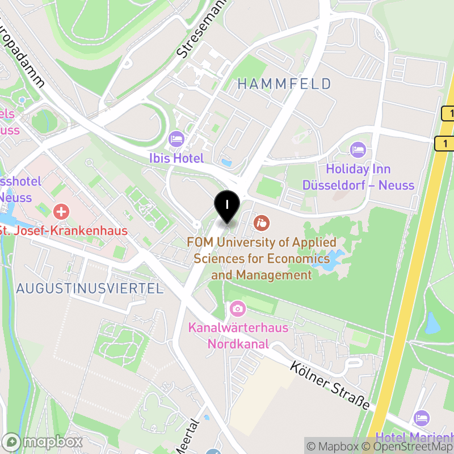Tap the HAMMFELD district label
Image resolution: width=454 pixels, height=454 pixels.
(284, 84)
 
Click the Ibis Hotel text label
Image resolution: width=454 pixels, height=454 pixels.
(176, 158)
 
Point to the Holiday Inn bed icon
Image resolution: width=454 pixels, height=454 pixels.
(358, 150)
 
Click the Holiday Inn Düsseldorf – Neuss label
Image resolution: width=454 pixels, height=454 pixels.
(358, 177)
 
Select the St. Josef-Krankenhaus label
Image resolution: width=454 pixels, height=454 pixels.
(63, 231)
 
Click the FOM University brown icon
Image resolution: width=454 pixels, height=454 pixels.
(262, 222)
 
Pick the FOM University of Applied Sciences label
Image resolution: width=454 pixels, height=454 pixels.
(262, 259)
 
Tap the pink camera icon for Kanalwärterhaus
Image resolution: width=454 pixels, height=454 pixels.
(238, 309)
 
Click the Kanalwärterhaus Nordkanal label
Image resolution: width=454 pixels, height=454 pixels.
(238, 336)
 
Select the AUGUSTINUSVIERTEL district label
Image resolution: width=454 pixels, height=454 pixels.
(90, 288)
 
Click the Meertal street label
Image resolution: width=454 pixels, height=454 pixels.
(190, 437)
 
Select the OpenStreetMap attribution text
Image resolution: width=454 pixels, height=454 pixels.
(409, 447)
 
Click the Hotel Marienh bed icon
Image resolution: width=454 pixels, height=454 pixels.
(422, 418)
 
